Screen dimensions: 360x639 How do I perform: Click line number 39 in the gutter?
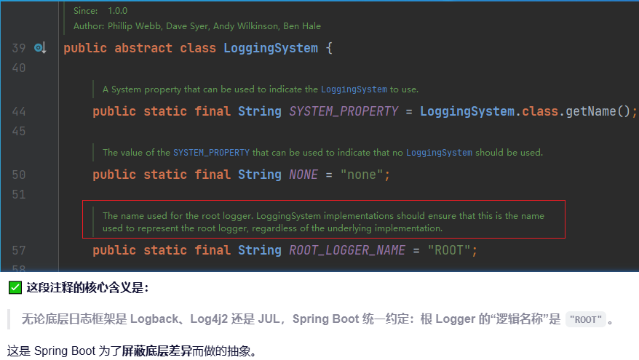19,48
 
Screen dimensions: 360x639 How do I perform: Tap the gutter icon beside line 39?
40,48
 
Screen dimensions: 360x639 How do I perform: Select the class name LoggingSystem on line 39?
271,48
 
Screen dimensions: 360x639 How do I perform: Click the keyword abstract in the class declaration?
143,48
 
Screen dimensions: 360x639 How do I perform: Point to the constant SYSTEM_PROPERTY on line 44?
344,111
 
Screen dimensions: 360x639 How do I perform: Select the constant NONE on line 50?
303,175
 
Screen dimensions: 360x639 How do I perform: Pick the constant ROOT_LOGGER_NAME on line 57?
347,250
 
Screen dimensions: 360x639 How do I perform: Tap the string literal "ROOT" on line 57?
452,250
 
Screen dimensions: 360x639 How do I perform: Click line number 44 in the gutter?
19,111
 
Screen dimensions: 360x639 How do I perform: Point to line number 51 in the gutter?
19,194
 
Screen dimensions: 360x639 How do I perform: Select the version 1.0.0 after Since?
117,11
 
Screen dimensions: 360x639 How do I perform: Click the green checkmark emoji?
15,287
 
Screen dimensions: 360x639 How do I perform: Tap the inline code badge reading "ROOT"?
585,319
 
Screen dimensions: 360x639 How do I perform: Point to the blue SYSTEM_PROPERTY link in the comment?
211,153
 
